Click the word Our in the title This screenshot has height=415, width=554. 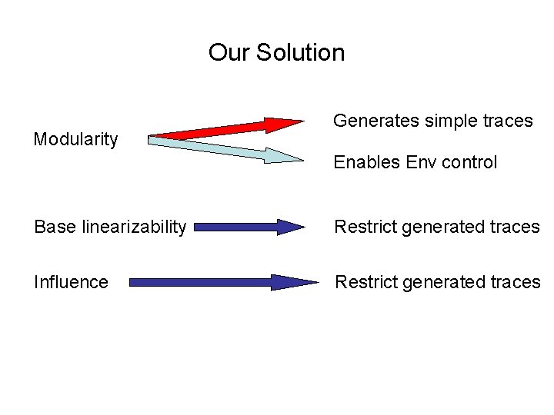(x=229, y=53)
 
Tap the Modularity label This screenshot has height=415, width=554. (x=75, y=139)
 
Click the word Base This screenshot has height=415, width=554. (x=51, y=227)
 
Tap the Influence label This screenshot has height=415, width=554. (x=71, y=282)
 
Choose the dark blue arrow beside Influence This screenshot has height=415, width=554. (x=223, y=282)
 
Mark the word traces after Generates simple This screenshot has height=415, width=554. (x=507, y=121)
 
